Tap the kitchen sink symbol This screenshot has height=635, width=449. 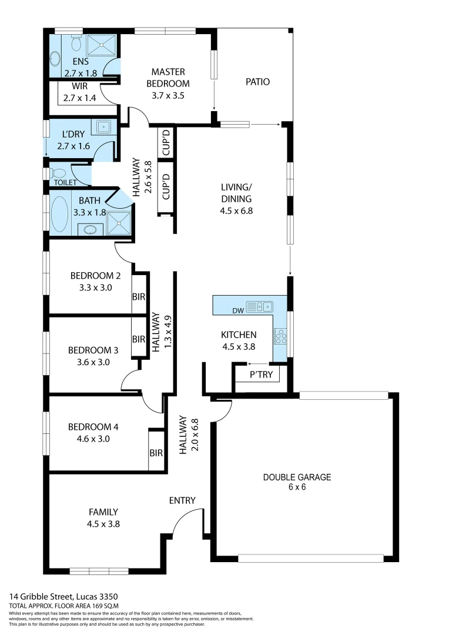[x=259, y=306]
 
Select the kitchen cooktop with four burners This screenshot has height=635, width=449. [x=280, y=336]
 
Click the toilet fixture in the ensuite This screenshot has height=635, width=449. [x=76, y=44]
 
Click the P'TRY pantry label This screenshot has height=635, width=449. [x=262, y=374]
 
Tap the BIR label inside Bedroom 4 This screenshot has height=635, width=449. [x=156, y=453]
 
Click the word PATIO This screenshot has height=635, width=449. [x=257, y=82]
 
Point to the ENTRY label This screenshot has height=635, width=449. [x=182, y=500]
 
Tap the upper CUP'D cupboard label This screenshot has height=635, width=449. [x=166, y=142]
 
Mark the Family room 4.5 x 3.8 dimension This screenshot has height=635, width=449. [x=103, y=523]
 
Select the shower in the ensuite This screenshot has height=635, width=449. [x=102, y=45]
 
